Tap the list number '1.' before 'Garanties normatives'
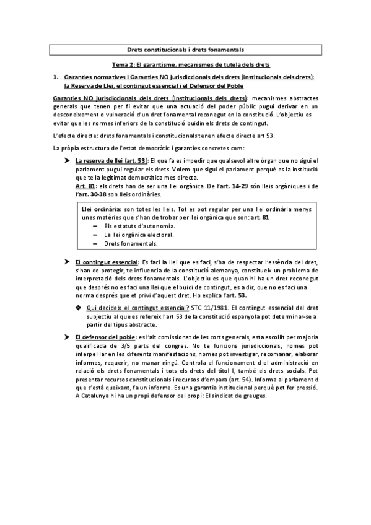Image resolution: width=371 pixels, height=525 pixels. coord(56,77)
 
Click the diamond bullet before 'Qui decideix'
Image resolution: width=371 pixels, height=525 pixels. coord(78,308)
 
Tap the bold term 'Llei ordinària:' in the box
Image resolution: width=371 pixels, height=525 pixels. coord(100,210)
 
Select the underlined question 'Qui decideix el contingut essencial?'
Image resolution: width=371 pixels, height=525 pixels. coord(137,308)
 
